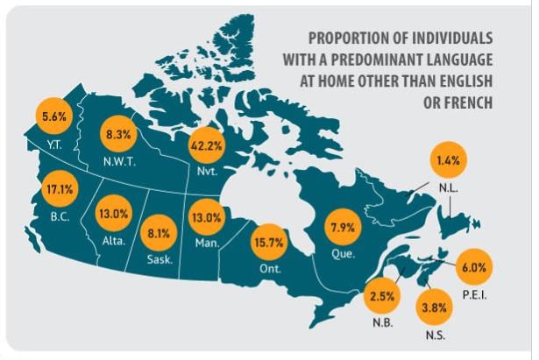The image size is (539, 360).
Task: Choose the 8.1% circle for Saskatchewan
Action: (158, 234)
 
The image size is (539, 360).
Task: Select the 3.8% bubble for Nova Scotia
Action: (432, 307)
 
